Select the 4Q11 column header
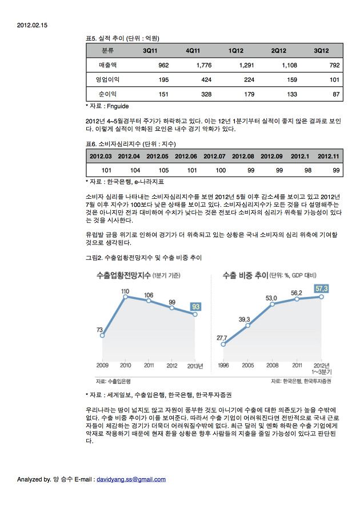click(194, 51)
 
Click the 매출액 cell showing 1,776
click(203, 65)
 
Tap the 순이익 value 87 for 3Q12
click(335, 93)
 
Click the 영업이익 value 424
click(204, 79)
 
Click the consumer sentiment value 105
click(163, 170)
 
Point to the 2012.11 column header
click(329, 156)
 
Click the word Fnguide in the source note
click(118, 106)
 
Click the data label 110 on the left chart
click(125, 291)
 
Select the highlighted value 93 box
click(195, 307)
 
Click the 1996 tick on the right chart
click(223, 365)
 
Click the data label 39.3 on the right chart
click(245, 319)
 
